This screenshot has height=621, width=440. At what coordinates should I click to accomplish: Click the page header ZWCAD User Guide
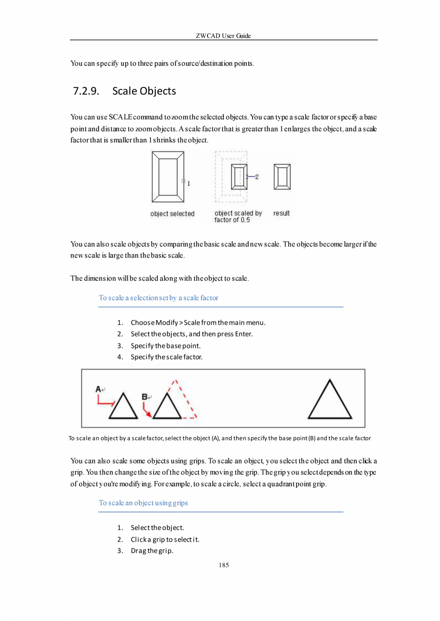[223, 36]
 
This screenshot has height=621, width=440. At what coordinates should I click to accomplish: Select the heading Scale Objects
[144, 91]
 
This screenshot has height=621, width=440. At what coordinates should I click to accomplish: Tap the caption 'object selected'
[172, 214]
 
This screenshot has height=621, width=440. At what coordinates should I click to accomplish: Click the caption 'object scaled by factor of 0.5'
[238, 217]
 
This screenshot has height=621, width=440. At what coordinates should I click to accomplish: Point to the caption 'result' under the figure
[281, 214]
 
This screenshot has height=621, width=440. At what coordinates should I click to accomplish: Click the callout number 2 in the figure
[257, 177]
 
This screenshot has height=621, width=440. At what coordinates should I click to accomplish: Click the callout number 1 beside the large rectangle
[189, 183]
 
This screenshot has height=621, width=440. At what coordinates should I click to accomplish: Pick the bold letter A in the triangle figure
[98, 389]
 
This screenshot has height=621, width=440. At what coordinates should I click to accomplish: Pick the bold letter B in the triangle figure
[144, 397]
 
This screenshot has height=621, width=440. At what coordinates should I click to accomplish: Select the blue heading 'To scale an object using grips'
[143, 503]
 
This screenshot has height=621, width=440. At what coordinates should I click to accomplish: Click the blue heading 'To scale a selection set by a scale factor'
[158, 298]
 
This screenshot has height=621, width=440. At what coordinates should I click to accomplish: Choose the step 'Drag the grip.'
[152, 551]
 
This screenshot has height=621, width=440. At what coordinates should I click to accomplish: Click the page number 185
[223, 566]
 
